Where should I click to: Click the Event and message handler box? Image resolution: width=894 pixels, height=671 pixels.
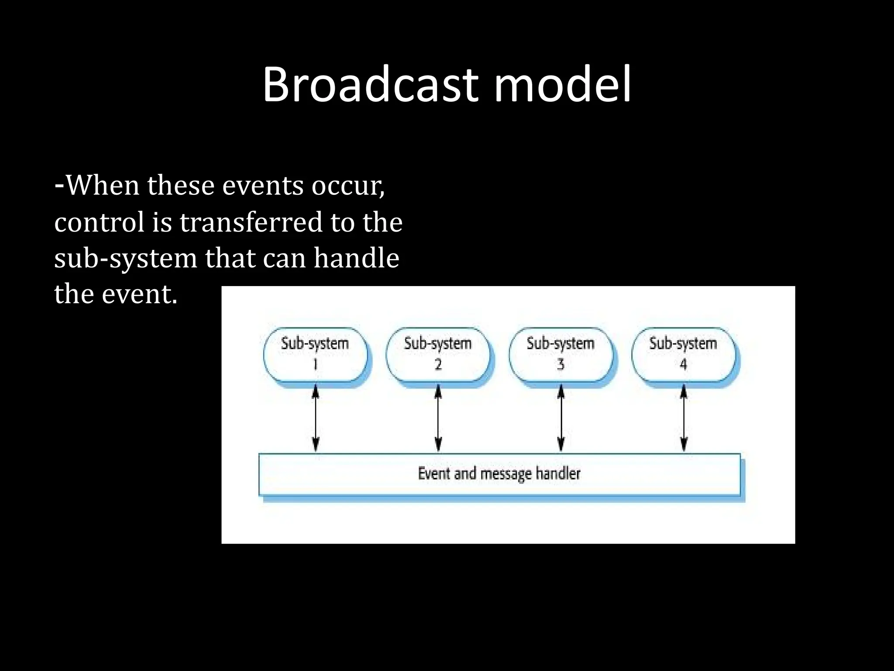tap(499, 474)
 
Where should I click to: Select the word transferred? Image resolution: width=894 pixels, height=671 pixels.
tap(251, 222)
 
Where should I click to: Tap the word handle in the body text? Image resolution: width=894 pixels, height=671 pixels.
tap(356, 258)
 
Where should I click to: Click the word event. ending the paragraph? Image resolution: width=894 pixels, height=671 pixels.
tap(139, 294)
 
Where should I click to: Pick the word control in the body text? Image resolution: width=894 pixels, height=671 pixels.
tap(99, 222)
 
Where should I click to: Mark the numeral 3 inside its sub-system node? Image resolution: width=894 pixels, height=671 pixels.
tap(561, 364)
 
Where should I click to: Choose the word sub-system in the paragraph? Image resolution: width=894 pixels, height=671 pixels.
tap(126, 259)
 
